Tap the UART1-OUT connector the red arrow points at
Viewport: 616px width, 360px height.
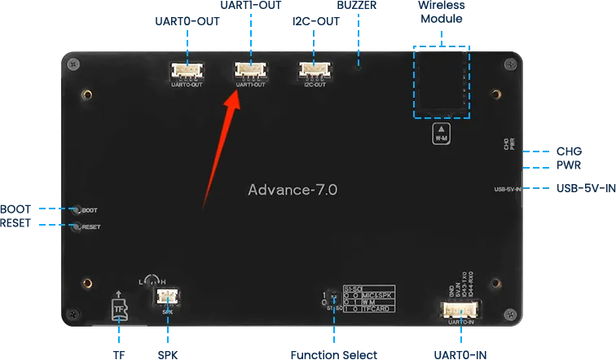pos(249,72)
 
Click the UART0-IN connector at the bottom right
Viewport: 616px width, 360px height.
pos(462,310)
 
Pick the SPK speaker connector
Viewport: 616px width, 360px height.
pos(168,297)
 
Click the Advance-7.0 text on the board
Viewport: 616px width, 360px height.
pos(293,189)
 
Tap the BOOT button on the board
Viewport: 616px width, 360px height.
pos(76,209)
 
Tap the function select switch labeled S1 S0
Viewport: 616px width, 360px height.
pos(333,299)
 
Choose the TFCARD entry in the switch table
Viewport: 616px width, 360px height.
pos(368,308)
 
